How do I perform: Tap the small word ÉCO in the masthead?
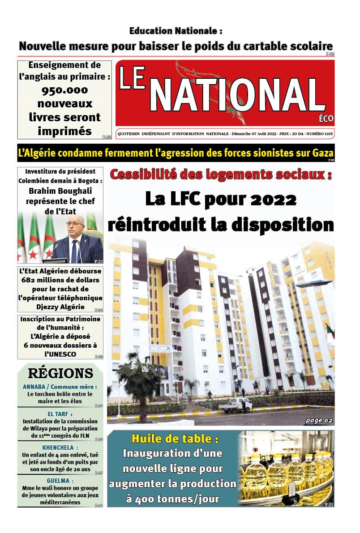click(326, 119)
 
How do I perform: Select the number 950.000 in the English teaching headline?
click(64, 90)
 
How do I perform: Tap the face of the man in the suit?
click(74, 229)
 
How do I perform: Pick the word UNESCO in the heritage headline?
click(60, 354)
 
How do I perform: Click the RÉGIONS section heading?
click(60, 374)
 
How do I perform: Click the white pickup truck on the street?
click(235, 405)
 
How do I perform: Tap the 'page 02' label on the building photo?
click(319, 420)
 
